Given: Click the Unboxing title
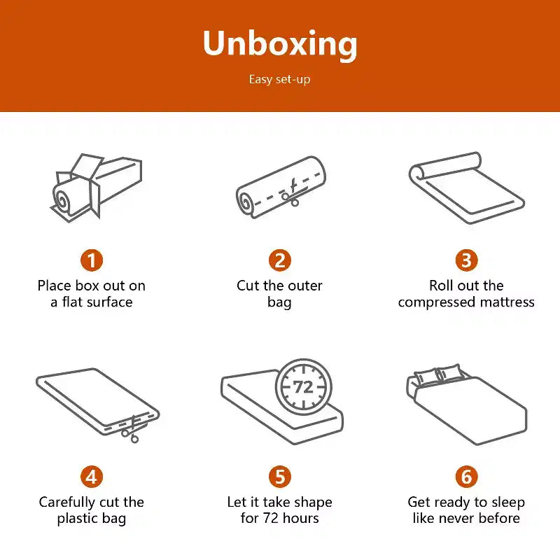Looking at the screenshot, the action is coord(280,44).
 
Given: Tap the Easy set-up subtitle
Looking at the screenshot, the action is coord(279,79).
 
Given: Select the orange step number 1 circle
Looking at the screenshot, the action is coord(92,260).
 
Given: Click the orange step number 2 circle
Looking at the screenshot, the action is coord(280,260).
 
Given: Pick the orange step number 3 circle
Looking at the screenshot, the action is coord(466,260).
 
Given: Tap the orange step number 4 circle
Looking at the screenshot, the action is coord(92,477).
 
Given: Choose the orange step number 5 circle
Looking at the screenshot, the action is coord(280,477).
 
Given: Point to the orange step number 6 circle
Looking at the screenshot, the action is coord(466,477).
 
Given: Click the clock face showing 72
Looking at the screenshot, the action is coord(304,387).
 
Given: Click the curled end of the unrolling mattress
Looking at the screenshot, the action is coord(419,172).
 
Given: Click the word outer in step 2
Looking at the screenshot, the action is coord(304,286).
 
